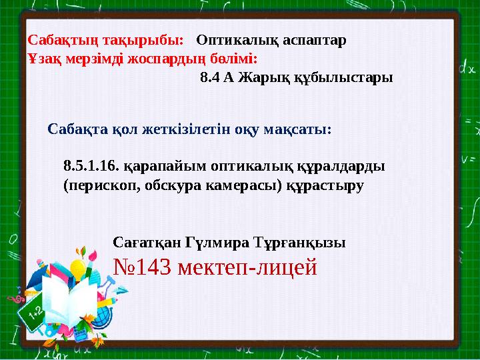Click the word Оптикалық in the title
pos(237,41)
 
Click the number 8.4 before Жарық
pos(210,77)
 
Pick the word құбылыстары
pos(343,78)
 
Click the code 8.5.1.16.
pos(91,166)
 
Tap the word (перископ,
pos(102,186)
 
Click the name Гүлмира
pos(217,243)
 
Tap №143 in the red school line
pos(142,267)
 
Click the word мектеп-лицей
pos(247,267)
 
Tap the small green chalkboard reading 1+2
pos(31,315)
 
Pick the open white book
pos(69,300)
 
